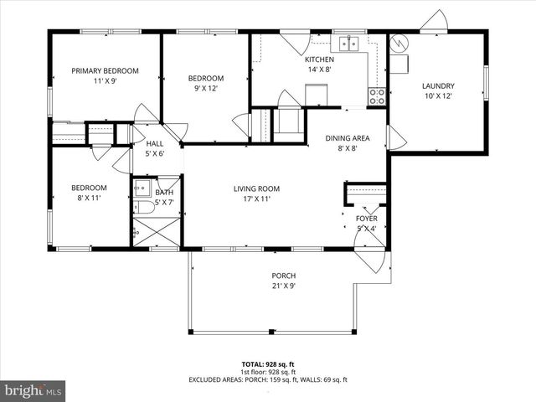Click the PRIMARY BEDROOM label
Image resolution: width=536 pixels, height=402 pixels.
(105, 71)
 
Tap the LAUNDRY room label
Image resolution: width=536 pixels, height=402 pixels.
(437, 85)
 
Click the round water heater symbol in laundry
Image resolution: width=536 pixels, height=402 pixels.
(399, 41)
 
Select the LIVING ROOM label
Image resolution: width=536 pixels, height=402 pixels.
(256, 188)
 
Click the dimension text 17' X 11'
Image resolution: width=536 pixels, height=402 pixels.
(256, 200)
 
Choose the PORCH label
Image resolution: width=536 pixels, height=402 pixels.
(283, 276)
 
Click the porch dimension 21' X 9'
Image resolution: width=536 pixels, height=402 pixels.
(283, 286)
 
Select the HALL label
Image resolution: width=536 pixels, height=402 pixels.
(154, 143)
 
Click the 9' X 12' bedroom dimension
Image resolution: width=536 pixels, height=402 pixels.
(204, 89)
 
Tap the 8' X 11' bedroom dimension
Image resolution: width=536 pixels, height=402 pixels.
(88, 198)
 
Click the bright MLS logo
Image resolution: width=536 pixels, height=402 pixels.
(33, 390)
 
